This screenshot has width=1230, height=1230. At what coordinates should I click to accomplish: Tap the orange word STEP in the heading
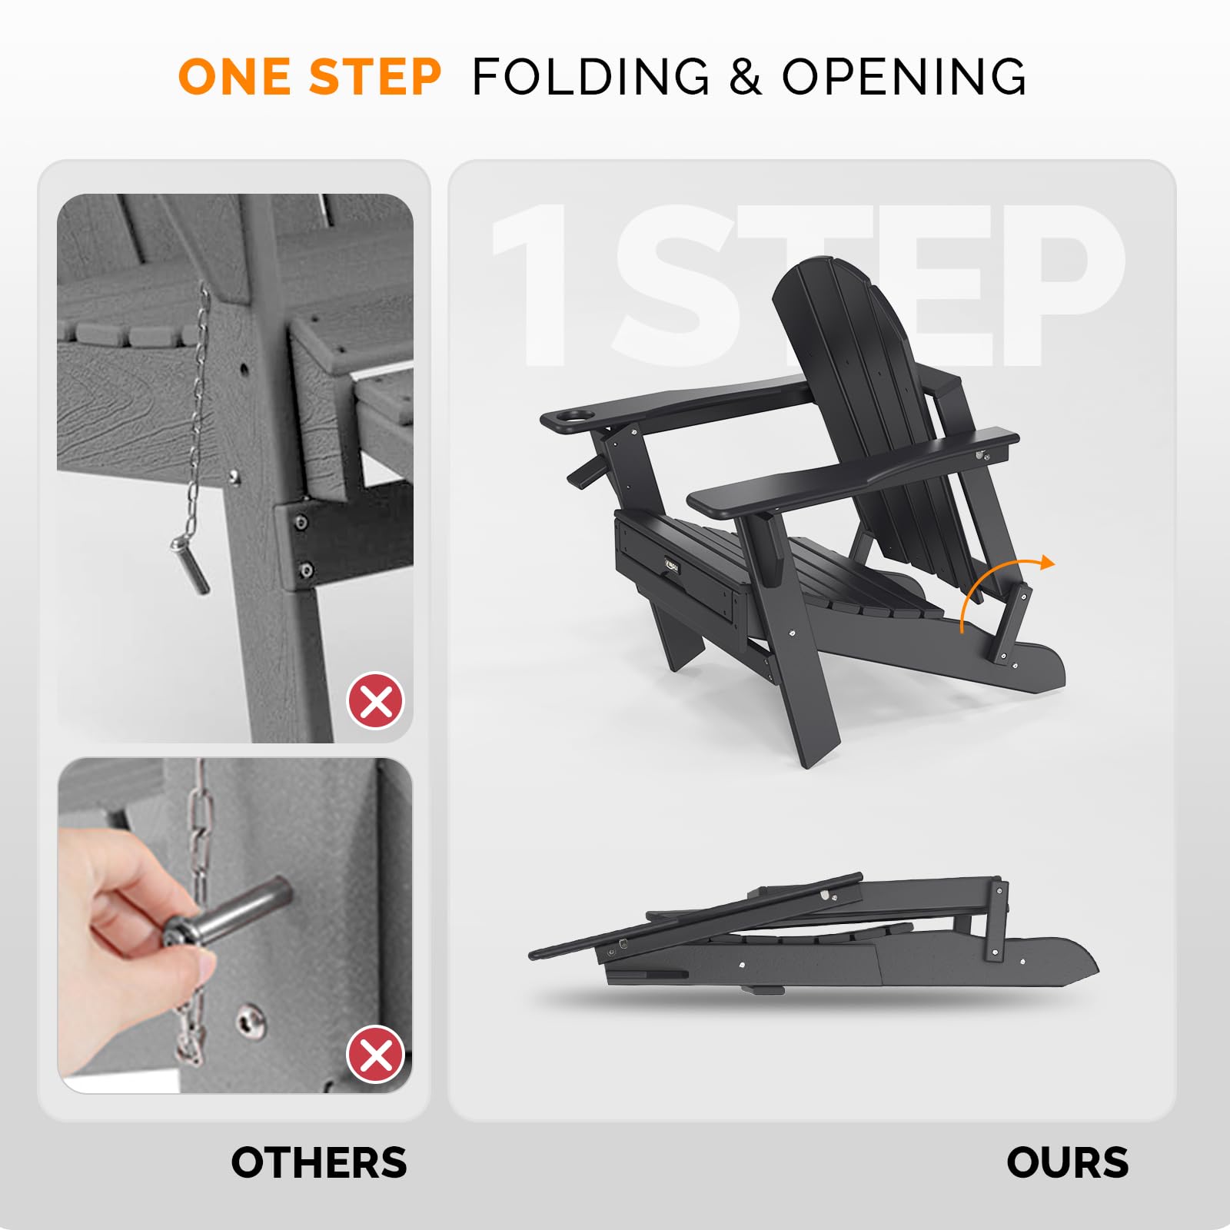tap(374, 77)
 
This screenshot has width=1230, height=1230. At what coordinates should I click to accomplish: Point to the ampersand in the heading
tap(745, 77)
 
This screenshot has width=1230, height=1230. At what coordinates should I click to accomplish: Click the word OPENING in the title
tap(904, 77)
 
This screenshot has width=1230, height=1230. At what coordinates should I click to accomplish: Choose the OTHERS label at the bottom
tap(319, 1162)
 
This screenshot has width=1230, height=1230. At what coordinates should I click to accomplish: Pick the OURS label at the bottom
tap(1067, 1162)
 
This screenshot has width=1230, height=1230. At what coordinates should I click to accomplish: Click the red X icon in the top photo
tap(376, 700)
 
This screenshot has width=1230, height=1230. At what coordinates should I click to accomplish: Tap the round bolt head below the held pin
tap(250, 1021)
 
